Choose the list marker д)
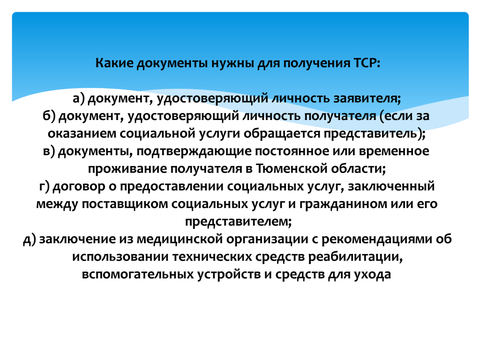tap(30, 240)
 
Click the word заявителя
tap(367, 98)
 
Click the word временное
tap(394, 151)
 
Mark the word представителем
tap(237, 222)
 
